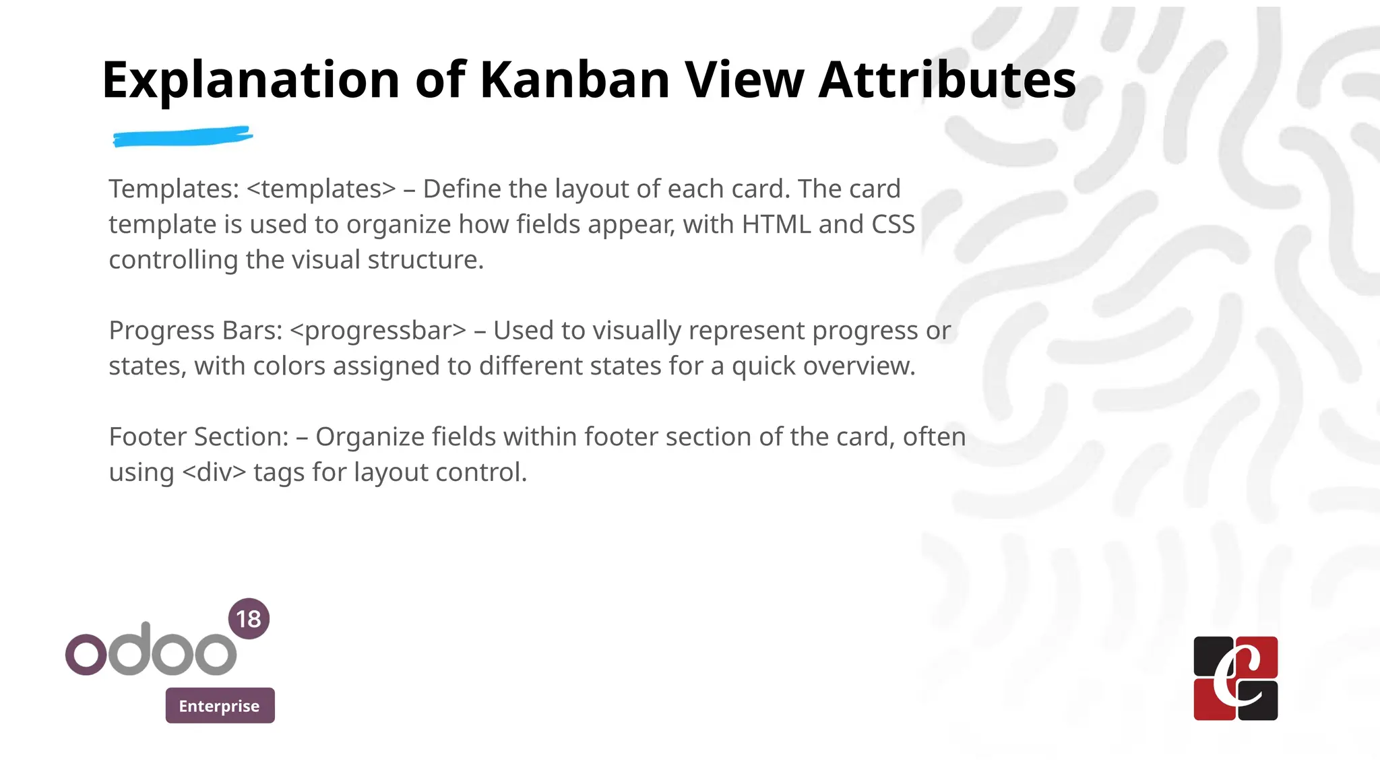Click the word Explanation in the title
[x=251, y=81]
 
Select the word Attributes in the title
[x=947, y=79]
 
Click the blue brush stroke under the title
[x=183, y=137]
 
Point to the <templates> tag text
[x=321, y=189]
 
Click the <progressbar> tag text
[x=378, y=331]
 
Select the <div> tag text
[x=214, y=472]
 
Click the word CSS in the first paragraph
[x=893, y=224]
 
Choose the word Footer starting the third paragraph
[x=148, y=437]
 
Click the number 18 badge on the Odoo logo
[x=249, y=618]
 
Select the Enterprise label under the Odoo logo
[x=220, y=706]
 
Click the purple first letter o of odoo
[x=86, y=653]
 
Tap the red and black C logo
[x=1235, y=678]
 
